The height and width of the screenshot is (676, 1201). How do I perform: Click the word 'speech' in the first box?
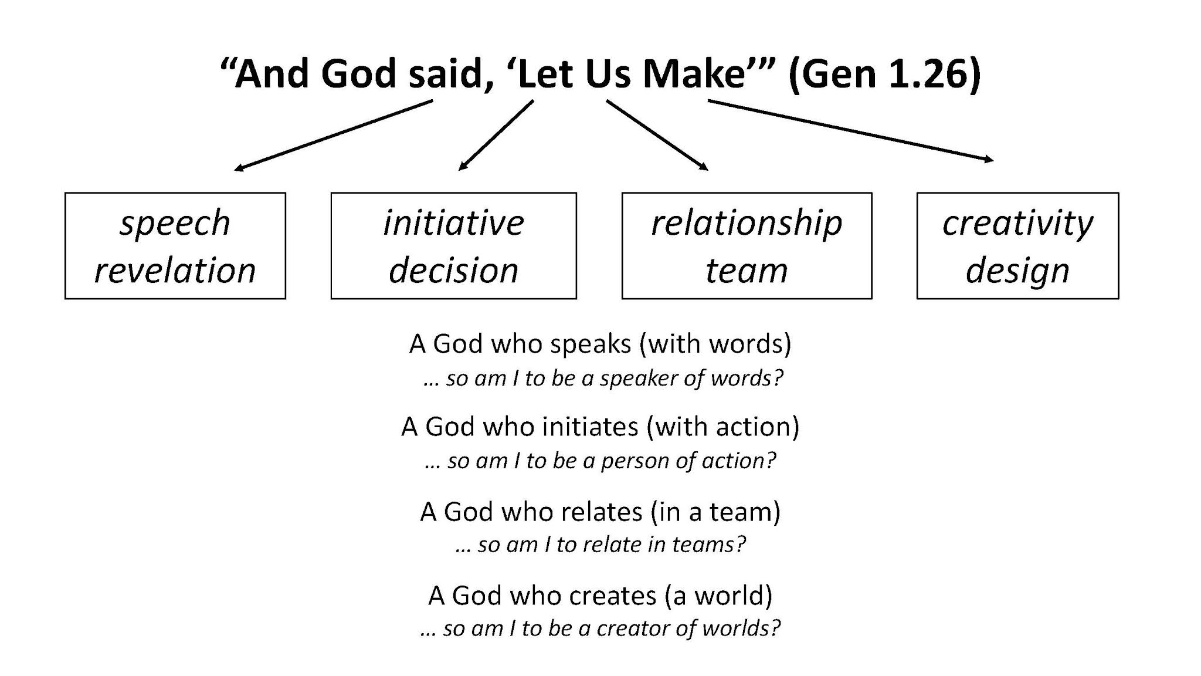[x=175, y=224]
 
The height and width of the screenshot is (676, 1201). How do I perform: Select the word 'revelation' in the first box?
[x=175, y=271]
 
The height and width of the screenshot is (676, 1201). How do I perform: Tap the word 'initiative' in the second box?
[x=453, y=223]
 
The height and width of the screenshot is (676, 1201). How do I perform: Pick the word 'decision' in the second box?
[x=453, y=271]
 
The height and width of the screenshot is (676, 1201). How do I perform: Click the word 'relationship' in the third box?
[x=747, y=224]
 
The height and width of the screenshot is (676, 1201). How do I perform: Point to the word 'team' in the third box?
[x=747, y=271]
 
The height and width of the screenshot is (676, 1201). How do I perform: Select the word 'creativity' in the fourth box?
[x=1017, y=224]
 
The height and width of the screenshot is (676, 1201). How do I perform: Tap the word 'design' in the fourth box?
[x=1017, y=271]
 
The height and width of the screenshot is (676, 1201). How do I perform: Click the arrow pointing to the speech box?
[x=333, y=136]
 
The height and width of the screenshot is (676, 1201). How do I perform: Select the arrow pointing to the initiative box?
[x=496, y=136]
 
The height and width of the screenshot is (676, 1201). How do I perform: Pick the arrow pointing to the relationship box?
[x=657, y=136]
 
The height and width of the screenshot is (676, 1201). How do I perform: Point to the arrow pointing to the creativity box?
[x=850, y=130]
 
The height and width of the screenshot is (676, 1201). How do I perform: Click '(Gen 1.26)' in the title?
[x=884, y=75]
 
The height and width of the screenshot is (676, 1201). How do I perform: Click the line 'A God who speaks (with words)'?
[x=600, y=344]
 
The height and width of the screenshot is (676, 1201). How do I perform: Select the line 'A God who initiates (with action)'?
[x=600, y=427]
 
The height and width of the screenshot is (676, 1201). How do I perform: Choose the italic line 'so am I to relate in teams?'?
[x=600, y=545]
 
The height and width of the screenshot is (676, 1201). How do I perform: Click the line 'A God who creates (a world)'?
[x=600, y=596]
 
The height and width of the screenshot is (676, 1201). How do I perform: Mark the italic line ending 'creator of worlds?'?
[x=600, y=628]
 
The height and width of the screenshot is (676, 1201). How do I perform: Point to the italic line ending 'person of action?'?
[x=600, y=461]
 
